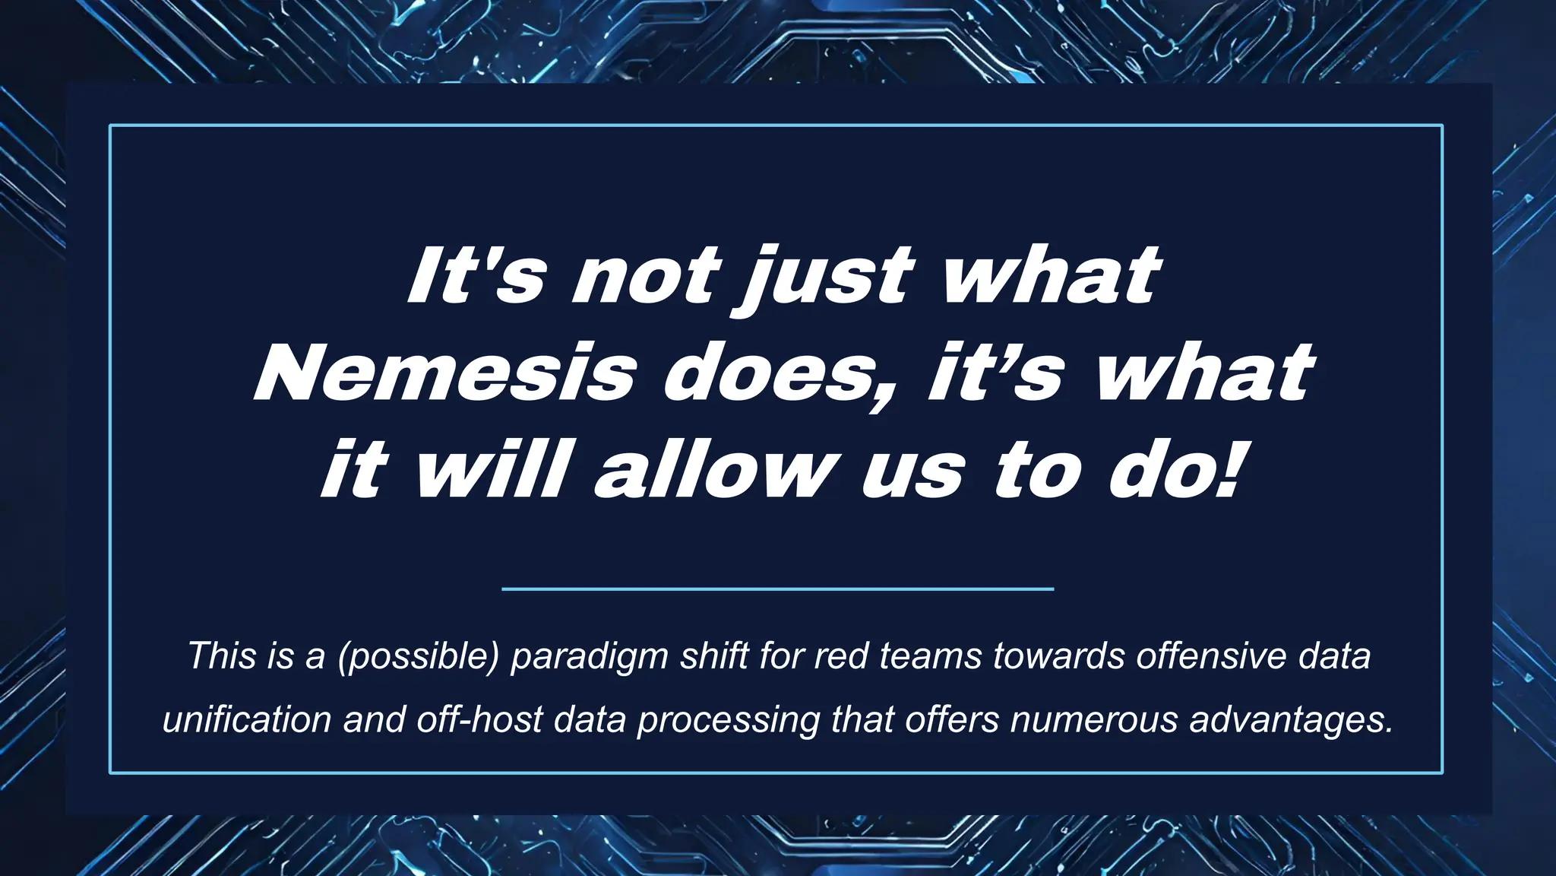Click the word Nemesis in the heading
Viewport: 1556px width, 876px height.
tap(444, 374)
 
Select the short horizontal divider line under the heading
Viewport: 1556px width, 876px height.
tap(777, 589)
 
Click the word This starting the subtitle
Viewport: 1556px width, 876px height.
tap(220, 655)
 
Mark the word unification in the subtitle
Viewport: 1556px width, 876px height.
tap(247, 719)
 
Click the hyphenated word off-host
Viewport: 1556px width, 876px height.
tap(479, 719)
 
